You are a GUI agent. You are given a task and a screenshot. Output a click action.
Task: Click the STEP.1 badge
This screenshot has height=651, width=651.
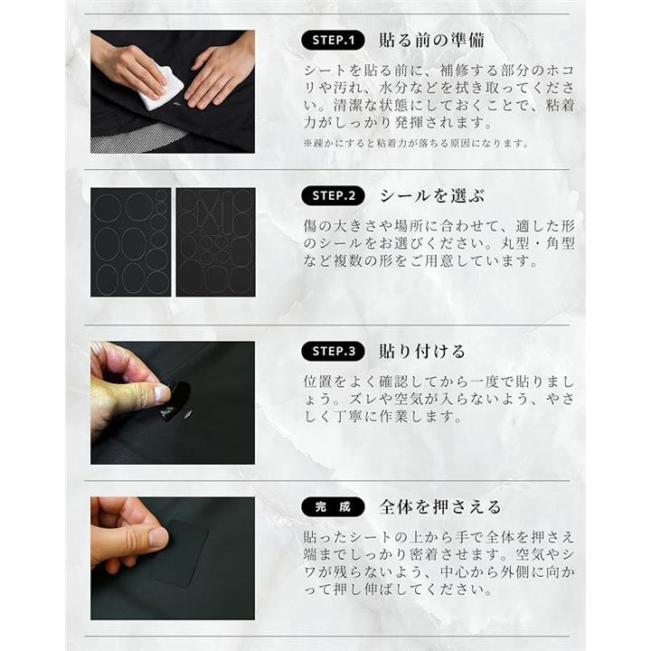tap(333, 41)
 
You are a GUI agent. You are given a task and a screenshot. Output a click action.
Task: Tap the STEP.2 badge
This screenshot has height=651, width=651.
tap(333, 195)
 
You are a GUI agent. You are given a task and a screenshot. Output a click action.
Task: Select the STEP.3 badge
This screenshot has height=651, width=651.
tap(333, 351)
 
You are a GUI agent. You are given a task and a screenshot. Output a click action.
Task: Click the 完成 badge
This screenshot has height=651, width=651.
tap(333, 507)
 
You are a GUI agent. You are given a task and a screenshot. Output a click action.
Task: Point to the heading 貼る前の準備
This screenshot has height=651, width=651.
tap(432, 41)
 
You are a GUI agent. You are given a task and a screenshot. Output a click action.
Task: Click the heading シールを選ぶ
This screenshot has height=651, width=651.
tap(432, 195)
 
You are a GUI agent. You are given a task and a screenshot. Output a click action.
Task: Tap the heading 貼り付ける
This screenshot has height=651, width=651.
tap(422, 351)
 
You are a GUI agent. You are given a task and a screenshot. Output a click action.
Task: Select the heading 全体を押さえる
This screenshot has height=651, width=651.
tap(440, 507)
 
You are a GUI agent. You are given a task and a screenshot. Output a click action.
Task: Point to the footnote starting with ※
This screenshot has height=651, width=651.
tap(417, 144)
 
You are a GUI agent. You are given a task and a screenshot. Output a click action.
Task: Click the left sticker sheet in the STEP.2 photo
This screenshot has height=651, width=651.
tap(131, 242)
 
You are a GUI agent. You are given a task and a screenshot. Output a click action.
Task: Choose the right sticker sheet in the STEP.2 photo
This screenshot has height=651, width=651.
tap(216, 242)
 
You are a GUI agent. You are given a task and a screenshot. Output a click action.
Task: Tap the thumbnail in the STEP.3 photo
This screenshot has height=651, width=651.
tap(161, 394)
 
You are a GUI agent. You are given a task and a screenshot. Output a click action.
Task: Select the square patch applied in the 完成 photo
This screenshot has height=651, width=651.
tap(178, 554)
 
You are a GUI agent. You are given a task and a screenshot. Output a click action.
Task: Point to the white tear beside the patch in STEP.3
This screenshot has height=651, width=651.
tap(187, 413)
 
